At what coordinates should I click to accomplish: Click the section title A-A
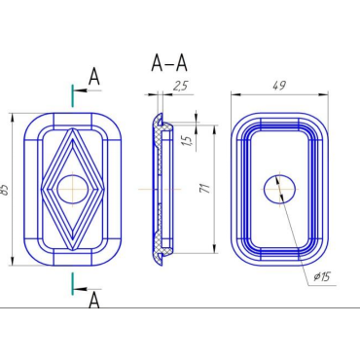(x=169, y=63)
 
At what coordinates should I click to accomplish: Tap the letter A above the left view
(x=94, y=77)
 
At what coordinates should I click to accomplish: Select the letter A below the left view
(x=94, y=300)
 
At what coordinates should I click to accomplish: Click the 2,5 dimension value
(x=180, y=87)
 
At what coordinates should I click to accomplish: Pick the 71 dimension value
(x=205, y=188)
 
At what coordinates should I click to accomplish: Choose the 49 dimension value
(x=279, y=86)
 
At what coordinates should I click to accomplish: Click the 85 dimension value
(x=5, y=190)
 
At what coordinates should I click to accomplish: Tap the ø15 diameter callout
(x=322, y=276)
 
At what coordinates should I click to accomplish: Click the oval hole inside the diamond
(x=73, y=190)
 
